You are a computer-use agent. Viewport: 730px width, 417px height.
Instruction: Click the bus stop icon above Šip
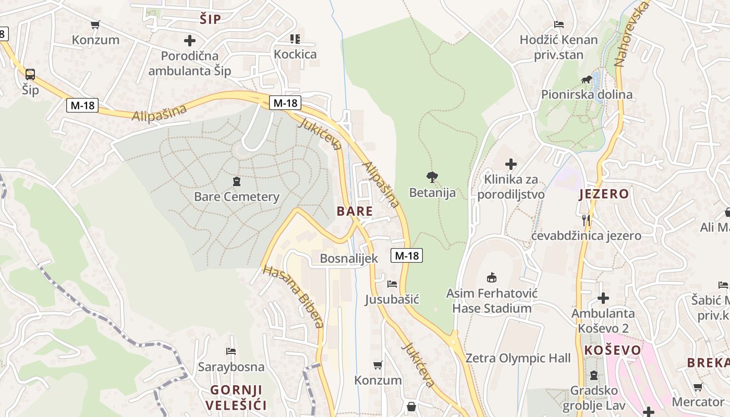(30, 75)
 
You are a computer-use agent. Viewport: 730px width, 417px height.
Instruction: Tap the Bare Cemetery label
(237, 197)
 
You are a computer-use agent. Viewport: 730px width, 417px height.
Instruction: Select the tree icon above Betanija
(432, 177)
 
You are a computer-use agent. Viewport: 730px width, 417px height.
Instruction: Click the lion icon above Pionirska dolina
(587, 80)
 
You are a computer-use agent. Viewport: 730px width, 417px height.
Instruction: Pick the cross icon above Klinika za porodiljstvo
(511, 165)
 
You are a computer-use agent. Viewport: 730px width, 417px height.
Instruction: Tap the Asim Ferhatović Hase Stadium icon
(491, 277)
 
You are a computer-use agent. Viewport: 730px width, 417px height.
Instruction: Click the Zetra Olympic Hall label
(518, 359)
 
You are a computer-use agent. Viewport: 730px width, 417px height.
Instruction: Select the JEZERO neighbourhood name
(604, 194)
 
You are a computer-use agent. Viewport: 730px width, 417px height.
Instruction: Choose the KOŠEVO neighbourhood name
(613, 350)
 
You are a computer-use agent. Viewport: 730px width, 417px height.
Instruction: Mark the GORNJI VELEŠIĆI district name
(236, 398)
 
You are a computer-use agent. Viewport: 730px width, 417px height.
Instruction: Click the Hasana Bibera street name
(293, 297)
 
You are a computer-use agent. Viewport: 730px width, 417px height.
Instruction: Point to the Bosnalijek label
(349, 259)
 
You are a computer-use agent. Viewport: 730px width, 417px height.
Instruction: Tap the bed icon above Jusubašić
(392, 284)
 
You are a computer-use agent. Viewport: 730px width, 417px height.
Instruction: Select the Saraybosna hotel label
(231, 367)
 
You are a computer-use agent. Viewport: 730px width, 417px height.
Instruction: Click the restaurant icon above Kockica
(295, 39)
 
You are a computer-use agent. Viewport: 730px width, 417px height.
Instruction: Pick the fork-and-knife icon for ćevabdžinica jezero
(586, 220)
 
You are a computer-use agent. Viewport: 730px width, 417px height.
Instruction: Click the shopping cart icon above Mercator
(698, 387)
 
